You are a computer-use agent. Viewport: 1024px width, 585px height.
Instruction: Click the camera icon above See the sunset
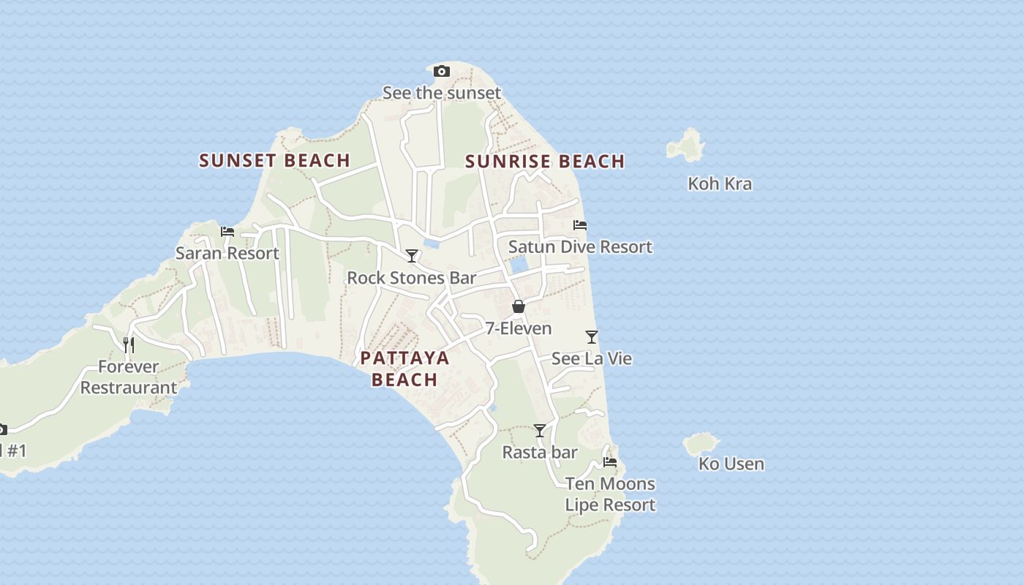[x=441, y=71]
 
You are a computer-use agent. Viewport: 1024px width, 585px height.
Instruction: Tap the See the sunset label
[x=442, y=93]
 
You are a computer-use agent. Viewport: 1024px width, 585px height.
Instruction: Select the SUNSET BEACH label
[x=275, y=160]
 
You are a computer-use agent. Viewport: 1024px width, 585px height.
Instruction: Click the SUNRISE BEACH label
[x=545, y=161]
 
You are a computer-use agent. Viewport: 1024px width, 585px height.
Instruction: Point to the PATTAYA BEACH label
[x=404, y=368]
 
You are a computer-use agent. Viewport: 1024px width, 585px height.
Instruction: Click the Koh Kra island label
[x=720, y=184]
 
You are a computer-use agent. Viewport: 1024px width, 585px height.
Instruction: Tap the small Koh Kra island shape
[x=685, y=145]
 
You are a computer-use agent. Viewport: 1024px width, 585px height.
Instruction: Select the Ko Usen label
[x=731, y=464]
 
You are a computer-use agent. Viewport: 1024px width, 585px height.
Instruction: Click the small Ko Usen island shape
[x=701, y=442]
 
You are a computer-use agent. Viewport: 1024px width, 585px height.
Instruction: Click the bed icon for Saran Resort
[x=227, y=232]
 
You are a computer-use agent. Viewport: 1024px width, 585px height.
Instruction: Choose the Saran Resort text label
[x=227, y=253]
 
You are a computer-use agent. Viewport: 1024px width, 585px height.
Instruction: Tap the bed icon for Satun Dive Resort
[x=580, y=225]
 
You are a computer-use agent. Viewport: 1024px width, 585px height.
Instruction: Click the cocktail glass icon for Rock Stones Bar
[x=412, y=255]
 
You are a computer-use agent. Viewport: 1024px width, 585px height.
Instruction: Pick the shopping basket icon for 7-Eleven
[x=519, y=306]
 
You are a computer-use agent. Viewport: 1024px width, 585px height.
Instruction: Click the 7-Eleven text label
[x=519, y=328]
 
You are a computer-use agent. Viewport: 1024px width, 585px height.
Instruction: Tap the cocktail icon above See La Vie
[x=592, y=337]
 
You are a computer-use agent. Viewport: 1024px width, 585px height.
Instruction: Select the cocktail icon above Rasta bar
[x=540, y=431]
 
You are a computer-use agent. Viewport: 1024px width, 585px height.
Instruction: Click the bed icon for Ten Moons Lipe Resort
[x=610, y=461]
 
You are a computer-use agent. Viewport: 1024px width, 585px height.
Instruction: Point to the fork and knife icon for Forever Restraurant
[x=129, y=344]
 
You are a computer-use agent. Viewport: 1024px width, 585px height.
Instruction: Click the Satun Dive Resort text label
[x=580, y=246]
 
